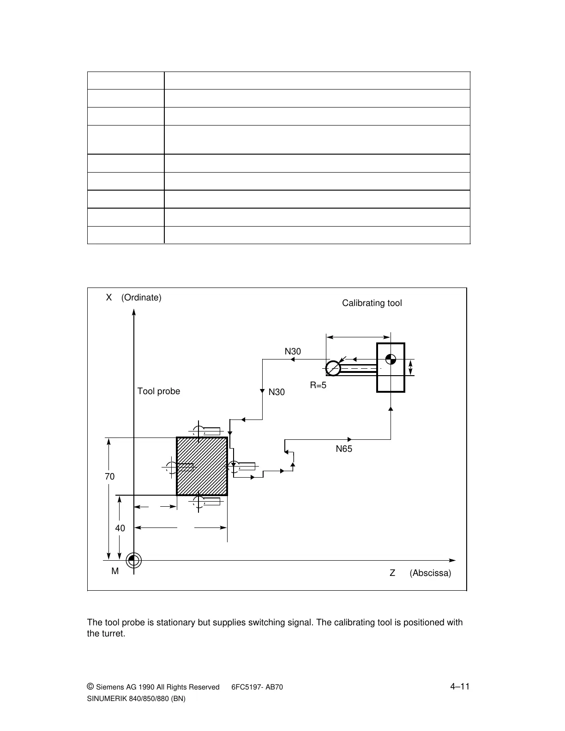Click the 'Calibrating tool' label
coord(372,303)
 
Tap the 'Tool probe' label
coord(158,391)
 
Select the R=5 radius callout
coord(318,385)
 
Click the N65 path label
coord(344,449)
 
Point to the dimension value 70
coord(109,477)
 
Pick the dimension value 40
coord(120,528)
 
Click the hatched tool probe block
coord(202,466)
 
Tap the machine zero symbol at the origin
coord(133,560)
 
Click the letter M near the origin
coord(115,571)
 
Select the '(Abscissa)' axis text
coord(430,573)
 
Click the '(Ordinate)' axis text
coord(141,298)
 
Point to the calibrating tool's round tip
coord(333,368)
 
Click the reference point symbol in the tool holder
coord(391,359)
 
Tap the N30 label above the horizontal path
coord(293,352)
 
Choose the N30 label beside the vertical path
coord(276,392)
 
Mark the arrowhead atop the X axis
coord(133,312)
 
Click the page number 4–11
coord(460,687)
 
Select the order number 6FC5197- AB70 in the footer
coord(257,687)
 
